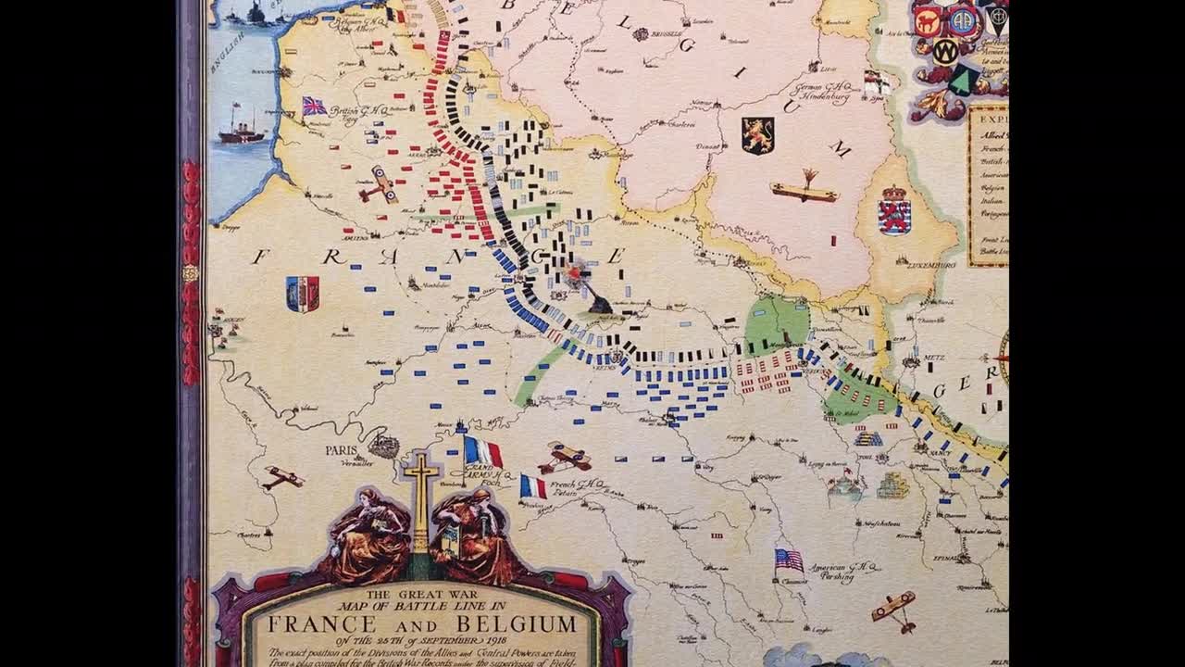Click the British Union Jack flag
pyautogui.click(x=314, y=106)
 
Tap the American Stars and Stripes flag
pyautogui.click(x=789, y=560)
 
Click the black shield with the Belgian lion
pyautogui.click(x=756, y=134)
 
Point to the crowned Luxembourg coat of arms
pyautogui.click(x=894, y=210)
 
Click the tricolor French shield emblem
pyautogui.click(x=302, y=293)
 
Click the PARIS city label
pyautogui.click(x=341, y=450)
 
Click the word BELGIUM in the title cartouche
pyautogui.click(x=520, y=623)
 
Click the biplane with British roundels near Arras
pyautogui.click(x=379, y=185)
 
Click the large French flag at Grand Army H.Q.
pyautogui.click(x=482, y=452)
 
